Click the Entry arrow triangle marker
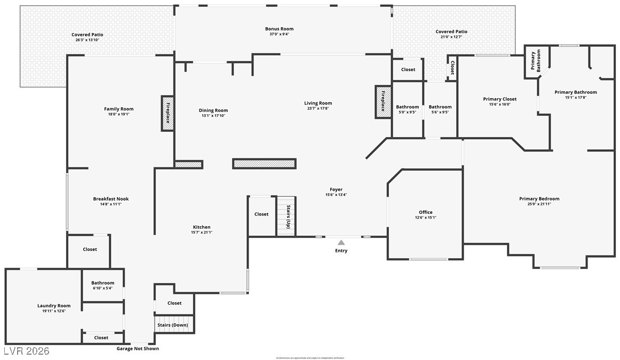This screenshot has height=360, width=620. point(341,243)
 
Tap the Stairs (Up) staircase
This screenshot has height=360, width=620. point(286,216)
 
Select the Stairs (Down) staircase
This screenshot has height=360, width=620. point(172,325)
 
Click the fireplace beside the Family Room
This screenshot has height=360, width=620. point(168,113)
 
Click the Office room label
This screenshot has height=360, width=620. point(425,212)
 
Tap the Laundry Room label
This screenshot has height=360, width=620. point(54,306)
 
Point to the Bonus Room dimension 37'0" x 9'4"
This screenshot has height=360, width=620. point(279,34)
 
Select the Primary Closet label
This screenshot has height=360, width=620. point(499,99)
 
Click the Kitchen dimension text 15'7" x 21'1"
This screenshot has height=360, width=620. point(201,233)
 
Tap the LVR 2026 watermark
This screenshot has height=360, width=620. point(26,351)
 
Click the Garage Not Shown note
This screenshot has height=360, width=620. point(138,349)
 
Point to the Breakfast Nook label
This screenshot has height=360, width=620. point(110,199)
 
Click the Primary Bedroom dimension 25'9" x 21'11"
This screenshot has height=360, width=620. point(539,204)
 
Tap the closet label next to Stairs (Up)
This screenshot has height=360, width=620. point(261,214)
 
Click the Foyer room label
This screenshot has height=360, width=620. point(336,189)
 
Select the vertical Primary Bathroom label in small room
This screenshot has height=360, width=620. point(535,61)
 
